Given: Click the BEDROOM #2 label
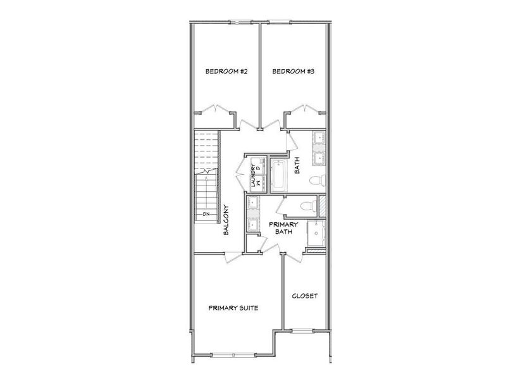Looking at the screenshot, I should coord(226,72).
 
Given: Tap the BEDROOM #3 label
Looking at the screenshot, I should coord(293,72).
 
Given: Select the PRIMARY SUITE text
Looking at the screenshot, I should coord(233,308).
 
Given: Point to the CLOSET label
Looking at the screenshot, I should coord(304,296).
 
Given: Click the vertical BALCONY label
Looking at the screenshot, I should coord(226,220).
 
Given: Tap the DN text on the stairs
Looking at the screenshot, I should coord(206,215).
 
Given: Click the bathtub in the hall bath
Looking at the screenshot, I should coord(278,175).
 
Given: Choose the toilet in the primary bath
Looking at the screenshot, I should coord(306,205).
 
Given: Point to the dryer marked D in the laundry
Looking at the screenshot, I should coord(259,167).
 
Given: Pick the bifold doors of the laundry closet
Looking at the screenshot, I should coord(239,173).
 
